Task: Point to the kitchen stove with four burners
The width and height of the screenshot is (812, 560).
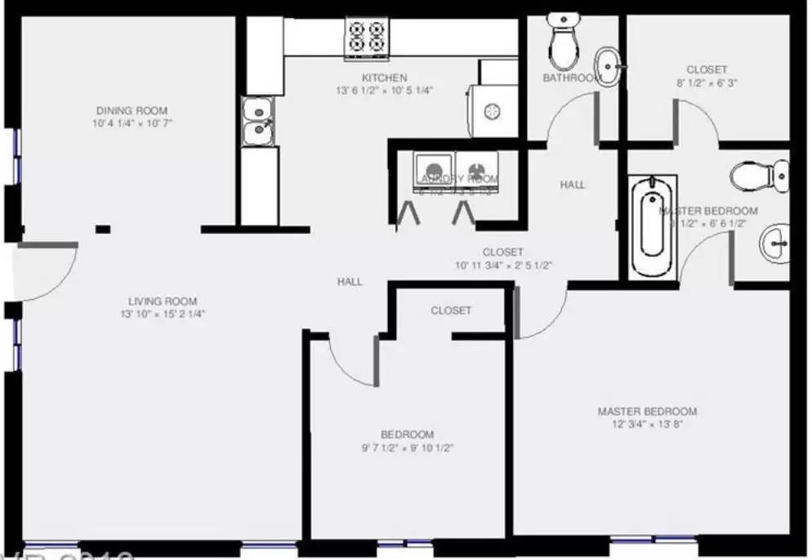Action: tap(365, 37)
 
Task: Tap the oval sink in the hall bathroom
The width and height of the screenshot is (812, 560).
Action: tap(606, 63)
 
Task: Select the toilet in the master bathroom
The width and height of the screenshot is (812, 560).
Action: tap(759, 175)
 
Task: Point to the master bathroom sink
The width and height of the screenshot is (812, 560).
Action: tap(774, 243)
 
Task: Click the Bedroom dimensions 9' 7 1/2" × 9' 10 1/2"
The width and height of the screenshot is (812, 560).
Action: tap(407, 448)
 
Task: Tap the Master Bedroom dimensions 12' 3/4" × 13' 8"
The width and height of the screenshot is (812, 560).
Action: tap(647, 424)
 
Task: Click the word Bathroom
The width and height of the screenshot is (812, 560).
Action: tap(570, 78)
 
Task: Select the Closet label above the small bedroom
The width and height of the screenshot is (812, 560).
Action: tap(451, 311)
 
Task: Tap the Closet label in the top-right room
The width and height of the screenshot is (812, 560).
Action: tap(707, 70)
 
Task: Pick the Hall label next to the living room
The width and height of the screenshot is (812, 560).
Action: tap(350, 281)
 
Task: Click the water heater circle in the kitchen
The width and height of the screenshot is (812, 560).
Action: tap(493, 110)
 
